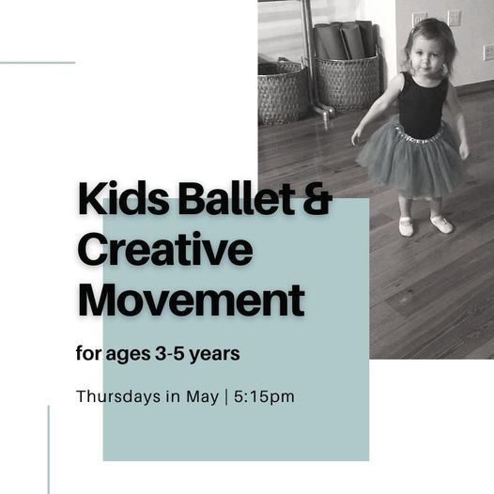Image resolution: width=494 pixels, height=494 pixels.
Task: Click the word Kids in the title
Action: coord(124,198)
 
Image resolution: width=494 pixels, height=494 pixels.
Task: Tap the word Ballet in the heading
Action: coord(237,198)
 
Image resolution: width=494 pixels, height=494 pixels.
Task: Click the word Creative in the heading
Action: coord(165,249)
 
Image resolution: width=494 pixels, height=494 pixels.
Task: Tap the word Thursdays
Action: coord(118,396)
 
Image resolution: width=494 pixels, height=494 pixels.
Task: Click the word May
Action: coord(202,397)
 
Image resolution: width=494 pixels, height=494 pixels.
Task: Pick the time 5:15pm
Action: coord(264,397)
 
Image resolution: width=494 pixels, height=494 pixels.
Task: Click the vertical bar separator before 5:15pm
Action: coord(226,397)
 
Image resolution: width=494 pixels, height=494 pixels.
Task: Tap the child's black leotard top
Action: coord(423,105)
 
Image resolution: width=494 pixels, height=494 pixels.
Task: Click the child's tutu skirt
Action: coord(412,161)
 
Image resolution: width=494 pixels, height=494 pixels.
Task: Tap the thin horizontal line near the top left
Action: coord(38,63)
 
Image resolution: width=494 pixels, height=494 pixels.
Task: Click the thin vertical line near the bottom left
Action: coord(49,450)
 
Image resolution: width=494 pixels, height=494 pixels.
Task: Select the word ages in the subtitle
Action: coord(128,355)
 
